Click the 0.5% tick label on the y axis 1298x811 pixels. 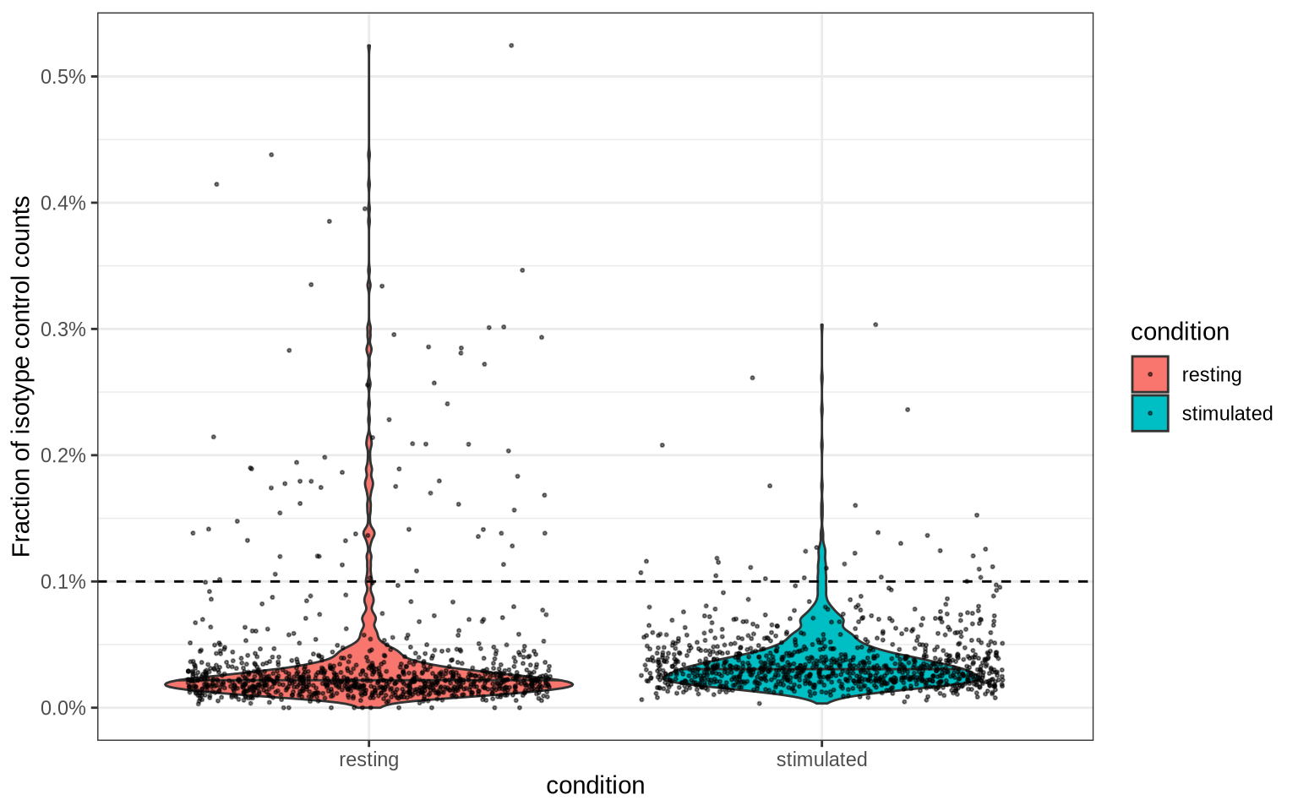[63, 77]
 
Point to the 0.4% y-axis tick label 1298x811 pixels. [63, 203]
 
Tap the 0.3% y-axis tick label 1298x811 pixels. [63, 329]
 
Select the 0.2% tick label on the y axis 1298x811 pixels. [63, 455]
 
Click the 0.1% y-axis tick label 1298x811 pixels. [63, 582]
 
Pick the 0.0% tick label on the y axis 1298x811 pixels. [63, 708]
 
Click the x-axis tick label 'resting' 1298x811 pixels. [368, 759]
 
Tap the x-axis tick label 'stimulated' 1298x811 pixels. [821, 759]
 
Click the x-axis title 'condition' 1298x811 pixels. [595, 786]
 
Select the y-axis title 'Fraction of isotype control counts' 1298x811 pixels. [22, 376]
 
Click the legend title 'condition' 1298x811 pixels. [1180, 332]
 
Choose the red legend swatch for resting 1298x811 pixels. [1150, 374]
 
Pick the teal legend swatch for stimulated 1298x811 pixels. [1150, 413]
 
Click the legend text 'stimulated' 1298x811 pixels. [1227, 413]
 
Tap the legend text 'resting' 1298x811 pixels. [1211, 374]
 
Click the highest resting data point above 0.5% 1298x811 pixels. [511, 46]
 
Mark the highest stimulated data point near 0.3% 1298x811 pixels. [875, 324]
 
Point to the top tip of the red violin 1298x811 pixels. [369, 46]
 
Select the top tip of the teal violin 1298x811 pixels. [821, 325]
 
